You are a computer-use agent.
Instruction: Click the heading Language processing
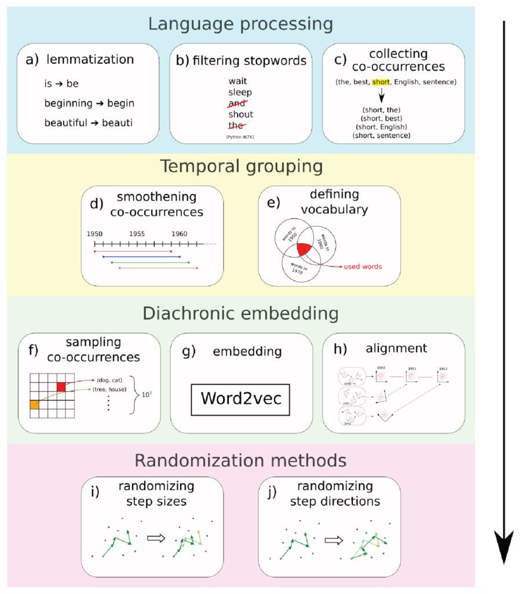coord(240,24)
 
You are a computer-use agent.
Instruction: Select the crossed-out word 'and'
coord(237,103)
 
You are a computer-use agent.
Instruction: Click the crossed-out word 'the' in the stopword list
coord(236,125)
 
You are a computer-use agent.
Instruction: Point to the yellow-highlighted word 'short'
coord(381,82)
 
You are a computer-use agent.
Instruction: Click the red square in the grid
coord(62,387)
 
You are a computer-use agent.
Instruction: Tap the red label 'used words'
coord(363,266)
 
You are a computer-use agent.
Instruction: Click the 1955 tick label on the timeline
coord(137,233)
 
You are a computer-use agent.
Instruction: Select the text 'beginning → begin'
coord(89,103)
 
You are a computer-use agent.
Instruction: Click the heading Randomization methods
coord(240,461)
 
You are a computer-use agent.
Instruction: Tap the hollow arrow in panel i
coord(156,538)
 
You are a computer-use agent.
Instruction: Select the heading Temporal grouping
coord(240,166)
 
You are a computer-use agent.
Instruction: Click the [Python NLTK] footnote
coord(240,136)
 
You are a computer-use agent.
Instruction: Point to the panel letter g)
coord(189,350)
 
